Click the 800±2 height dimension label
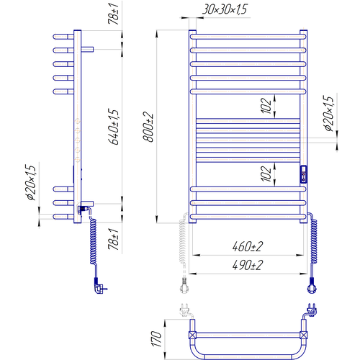[x=148, y=127]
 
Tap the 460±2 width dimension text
[x=248, y=246]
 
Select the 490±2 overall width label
[x=248, y=265]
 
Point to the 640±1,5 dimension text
[x=114, y=127]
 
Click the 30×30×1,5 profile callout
[x=225, y=9]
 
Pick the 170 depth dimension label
[x=156, y=339]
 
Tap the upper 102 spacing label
[x=266, y=105]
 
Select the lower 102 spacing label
[x=266, y=174]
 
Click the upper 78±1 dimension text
[x=113, y=14]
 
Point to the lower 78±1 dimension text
[x=113, y=239]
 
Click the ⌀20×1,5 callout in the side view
[x=31, y=182]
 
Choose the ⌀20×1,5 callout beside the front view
[x=328, y=113]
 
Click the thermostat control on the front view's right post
[x=304, y=174]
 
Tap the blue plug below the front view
[x=312, y=286]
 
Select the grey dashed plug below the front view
[x=184, y=286]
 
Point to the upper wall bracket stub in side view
[x=87, y=50]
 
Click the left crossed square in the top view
[x=192, y=335]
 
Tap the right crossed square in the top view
[x=304, y=335]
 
